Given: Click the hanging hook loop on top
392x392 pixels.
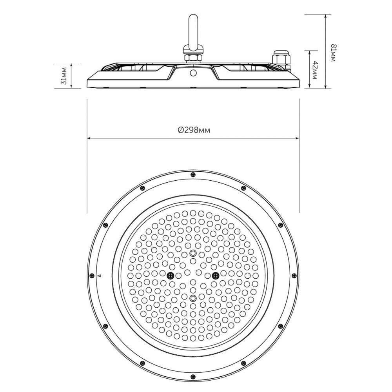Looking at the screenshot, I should [x=192, y=31].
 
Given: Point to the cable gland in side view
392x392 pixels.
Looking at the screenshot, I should [x=281, y=58].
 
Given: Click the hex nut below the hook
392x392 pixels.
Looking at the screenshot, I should [x=192, y=58].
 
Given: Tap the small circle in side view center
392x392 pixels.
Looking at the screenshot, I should [x=193, y=73].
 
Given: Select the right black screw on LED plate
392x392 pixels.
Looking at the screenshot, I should [x=215, y=276].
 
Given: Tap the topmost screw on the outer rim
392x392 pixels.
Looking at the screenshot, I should [x=192, y=175].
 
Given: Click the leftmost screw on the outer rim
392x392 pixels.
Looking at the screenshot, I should [x=92, y=276].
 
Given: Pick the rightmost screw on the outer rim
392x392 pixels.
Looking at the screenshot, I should [x=294, y=276].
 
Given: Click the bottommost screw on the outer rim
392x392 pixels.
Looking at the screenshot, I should [x=192, y=377].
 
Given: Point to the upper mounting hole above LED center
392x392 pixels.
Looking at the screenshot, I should [x=192, y=253].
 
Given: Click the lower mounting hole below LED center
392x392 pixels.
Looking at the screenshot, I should [x=192, y=298].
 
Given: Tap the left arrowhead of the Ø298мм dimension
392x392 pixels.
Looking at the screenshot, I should [x=89, y=138].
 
